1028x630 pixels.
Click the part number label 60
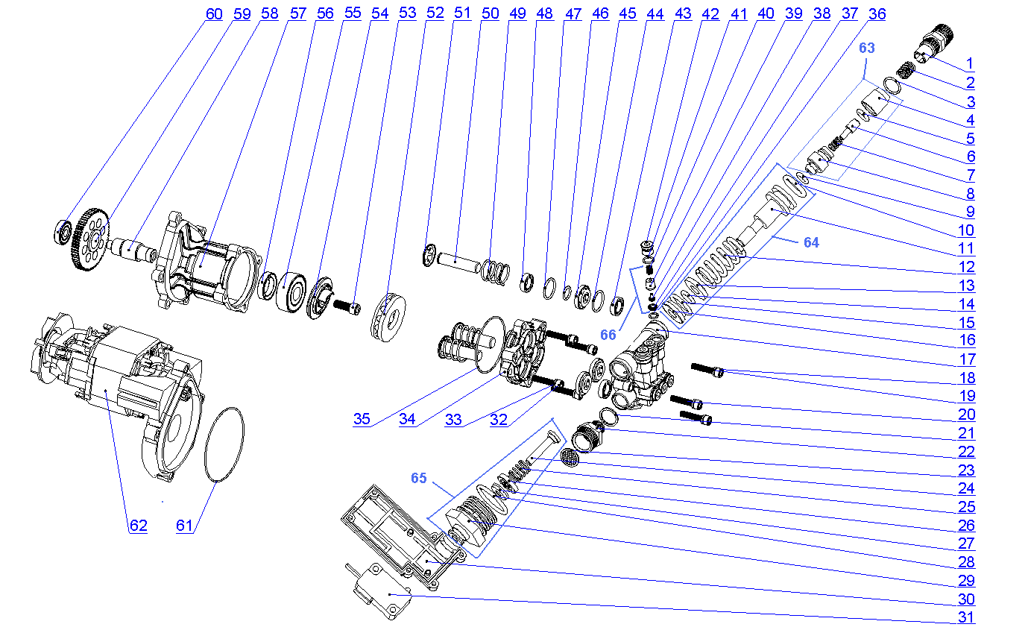point(214,13)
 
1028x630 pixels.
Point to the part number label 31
point(967,617)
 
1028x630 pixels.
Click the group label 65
point(419,478)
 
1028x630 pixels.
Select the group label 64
point(810,242)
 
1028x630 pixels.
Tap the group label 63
point(867,48)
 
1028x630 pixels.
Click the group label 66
point(609,335)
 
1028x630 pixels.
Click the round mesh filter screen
point(570,457)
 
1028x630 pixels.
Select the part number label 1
point(970,63)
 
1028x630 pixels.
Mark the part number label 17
point(967,359)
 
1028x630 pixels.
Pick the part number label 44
point(655,13)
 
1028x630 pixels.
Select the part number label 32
point(498,419)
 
